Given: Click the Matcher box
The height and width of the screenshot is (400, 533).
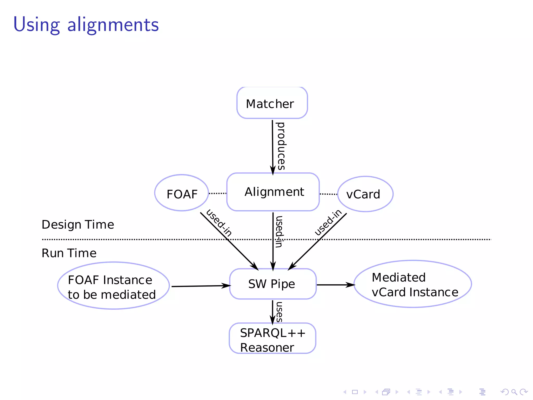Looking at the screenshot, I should click(x=272, y=103).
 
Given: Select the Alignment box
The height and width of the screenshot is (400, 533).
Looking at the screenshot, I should click(x=273, y=192).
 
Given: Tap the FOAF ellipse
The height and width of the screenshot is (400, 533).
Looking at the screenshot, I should click(x=182, y=193).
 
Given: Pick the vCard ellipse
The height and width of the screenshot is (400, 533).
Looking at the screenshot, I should click(x=365, y=194).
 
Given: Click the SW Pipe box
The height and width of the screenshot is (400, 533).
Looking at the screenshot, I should click(x=273, y=284).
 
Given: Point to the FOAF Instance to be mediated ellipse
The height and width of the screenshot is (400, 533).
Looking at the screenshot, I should click(x=113, y=286).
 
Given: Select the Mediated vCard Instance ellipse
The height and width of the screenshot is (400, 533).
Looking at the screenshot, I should click(x=413, y=284).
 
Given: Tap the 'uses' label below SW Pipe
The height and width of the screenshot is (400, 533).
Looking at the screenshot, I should click(x=279, y=312).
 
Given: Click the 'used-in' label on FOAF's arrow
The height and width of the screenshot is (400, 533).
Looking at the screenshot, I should click(x=219, y=223).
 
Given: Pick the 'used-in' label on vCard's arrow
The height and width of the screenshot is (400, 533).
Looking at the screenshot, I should click(x=328, y=222).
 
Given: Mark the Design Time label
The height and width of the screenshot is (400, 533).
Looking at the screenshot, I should click(x=78, y=225).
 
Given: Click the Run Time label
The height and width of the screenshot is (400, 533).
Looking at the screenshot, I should click(x=69, y=253).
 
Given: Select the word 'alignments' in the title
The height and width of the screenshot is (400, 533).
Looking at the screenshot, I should click(x=113, y=25).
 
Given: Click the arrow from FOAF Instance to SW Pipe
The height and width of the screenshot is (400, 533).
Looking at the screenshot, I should click(x=200, y=286).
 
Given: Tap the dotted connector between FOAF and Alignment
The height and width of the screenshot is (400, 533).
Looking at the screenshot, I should click(x=218, y=193).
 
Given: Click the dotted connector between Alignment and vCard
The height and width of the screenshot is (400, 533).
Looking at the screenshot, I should click(x=328, y=194).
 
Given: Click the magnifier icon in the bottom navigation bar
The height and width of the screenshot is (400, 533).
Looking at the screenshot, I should click(x=514, y=392).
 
